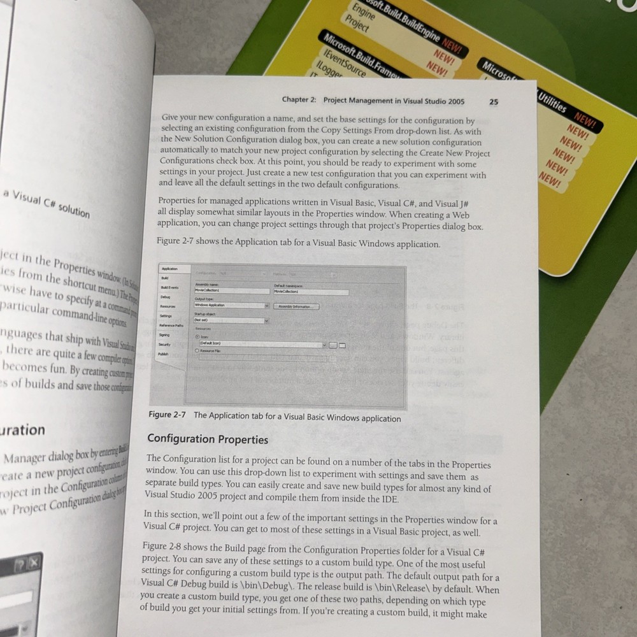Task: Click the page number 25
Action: click(494, 102)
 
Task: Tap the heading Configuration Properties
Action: click(208, 439)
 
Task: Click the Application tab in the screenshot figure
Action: click(171, 269)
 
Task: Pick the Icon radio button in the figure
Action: click(197, 336)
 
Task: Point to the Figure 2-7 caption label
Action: click(168, 415)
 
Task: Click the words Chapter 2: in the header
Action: click(301, 100)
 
